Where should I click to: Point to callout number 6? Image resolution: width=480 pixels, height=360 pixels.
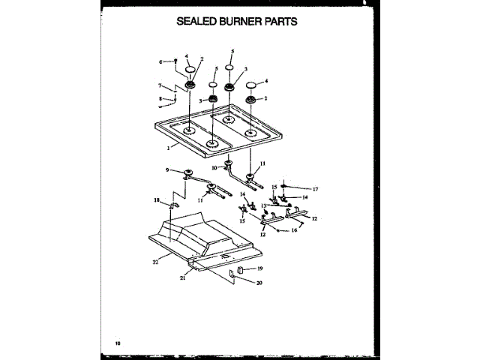[160, 61]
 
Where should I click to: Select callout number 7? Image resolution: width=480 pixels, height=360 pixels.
[160, 85]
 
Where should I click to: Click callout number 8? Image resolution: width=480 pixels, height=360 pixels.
[160, 98]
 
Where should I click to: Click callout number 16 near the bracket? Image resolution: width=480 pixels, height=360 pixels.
[295, 232]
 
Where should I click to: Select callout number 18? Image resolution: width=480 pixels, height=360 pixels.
[157, 200]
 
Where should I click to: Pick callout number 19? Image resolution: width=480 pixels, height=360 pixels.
[260, 268]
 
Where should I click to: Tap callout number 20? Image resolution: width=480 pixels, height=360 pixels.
[259, 283]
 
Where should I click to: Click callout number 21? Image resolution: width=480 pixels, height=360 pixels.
[182, 277]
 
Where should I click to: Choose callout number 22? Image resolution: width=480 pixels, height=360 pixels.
[155, 262]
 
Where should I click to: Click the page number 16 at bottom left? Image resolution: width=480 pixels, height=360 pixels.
[118, 343]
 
